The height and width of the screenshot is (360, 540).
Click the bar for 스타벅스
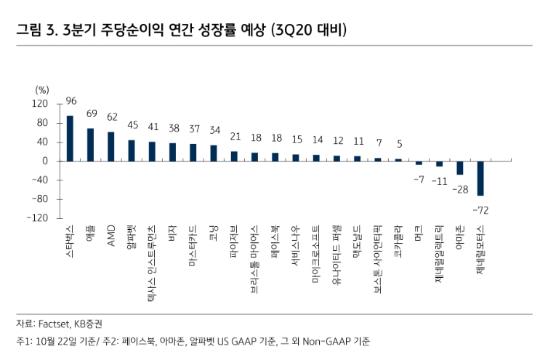click(70, 138)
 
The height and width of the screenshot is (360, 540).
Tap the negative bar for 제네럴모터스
click(480, 178)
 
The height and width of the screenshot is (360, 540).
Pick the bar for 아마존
click(460, 168)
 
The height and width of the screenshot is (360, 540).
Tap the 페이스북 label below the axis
click(275, 241)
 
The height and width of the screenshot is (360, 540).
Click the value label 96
click(71, 101)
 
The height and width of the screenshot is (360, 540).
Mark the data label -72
click(480, 210)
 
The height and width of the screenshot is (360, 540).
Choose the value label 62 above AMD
click(112, 116)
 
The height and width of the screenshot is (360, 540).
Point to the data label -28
click(459, 189)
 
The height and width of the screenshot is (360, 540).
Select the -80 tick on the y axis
click(38, 199)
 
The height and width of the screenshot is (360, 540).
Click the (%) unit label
click(41, 89)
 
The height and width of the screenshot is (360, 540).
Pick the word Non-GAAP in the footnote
click(323, 340)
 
